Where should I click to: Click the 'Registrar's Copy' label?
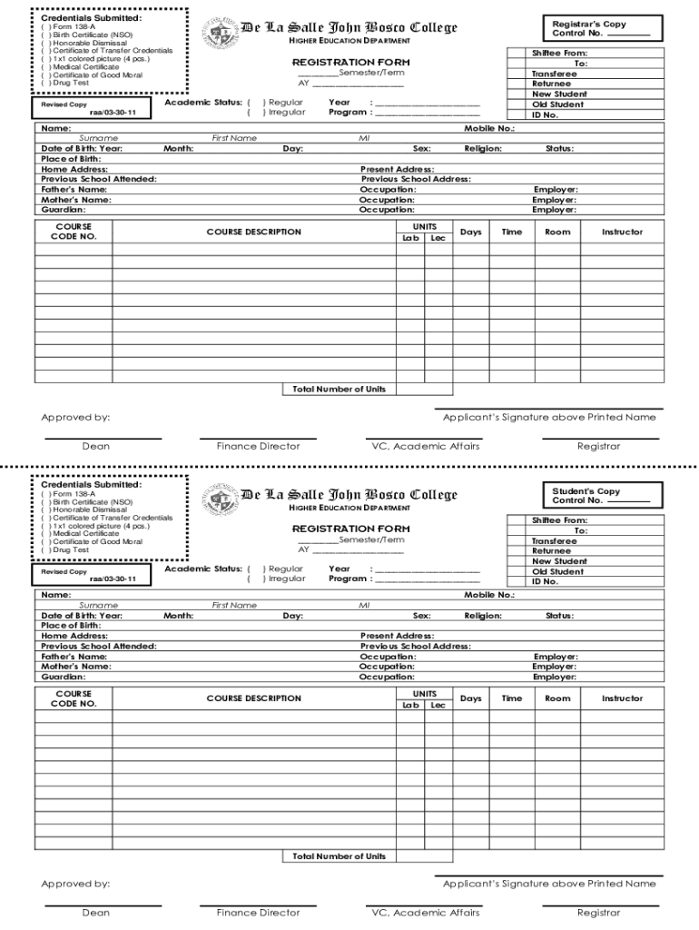pos(589,25)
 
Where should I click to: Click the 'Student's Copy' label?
pos(586,491)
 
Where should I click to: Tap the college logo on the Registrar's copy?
pos(218,33)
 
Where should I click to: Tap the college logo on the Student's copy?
pos(218,500)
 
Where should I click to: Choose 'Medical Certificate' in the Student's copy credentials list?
pos(85,534)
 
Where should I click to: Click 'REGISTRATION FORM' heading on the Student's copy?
pos(350,529)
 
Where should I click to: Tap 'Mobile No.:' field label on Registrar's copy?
pos(489,129)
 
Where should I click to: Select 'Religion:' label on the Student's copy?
pos(482,616)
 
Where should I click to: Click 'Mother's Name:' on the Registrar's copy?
pos(76,200)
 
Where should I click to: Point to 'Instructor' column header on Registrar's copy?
pos(622,232)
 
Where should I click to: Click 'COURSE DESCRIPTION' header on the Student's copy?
pos(253,698)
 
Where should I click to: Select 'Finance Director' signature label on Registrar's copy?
pos(258,446)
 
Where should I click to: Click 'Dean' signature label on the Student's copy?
pos(95,913)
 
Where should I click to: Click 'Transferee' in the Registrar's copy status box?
pos(555,74)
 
